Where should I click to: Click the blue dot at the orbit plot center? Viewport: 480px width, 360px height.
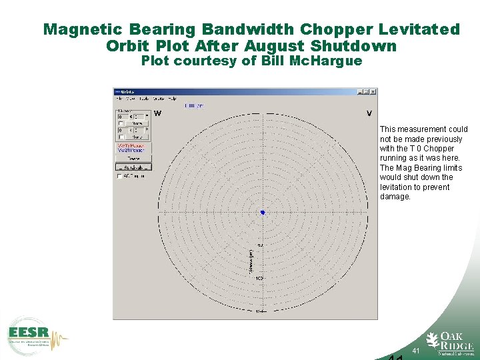[x=263, y=212]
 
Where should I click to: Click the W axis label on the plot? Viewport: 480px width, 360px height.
[x=157, y=113]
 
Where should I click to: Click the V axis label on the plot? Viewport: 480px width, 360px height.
[x=369, y=113]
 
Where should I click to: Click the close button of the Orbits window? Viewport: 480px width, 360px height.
[x=373, y=92]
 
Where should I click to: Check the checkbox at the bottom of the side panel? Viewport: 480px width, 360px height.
[x=120, y=177]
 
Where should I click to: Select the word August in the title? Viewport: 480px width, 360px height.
[x=276, y=46]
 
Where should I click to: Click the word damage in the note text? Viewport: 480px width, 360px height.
[x=395, y=197]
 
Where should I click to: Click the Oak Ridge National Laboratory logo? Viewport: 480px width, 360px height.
[x=451, y=341]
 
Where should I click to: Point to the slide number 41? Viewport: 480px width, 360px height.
[x=416, y=351]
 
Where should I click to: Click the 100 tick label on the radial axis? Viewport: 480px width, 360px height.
[x=259, y=278]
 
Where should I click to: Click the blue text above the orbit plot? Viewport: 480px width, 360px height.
[x=194, y=105]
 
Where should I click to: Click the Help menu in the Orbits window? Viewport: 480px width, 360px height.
[x=172, y=99]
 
